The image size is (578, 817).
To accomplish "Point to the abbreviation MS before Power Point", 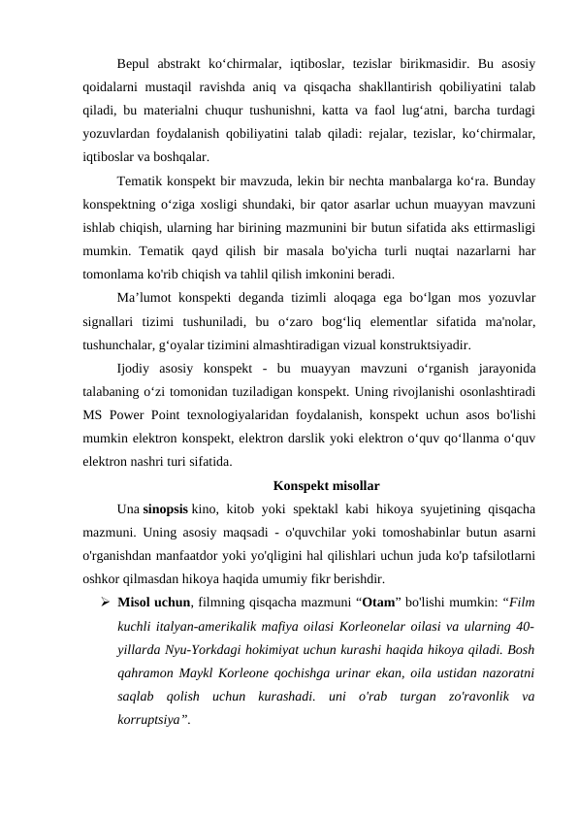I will (x=95, y=413).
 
